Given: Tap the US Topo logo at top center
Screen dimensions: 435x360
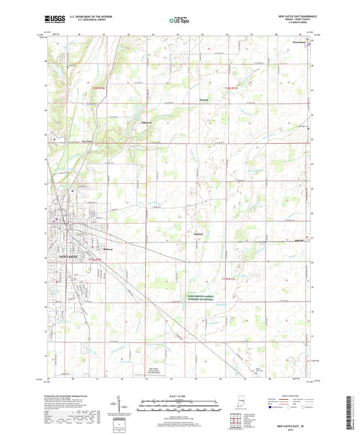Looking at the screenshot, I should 179,22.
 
